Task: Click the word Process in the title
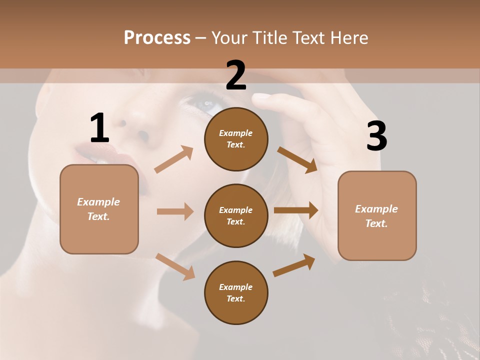click(x=157, y=37)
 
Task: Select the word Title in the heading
click(x=268, y=37)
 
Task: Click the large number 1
click(x=99, y=128)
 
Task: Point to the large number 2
click(x=236, y=75)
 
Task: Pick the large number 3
click(x=376, y=136)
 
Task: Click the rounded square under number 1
click(x=99, y=209)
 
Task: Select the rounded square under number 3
click(x=377, y=216)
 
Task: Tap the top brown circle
click(x=236, y=139)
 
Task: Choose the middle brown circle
click(x=236, y=216)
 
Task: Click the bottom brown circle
click(x=236, y=293)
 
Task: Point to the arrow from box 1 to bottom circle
click(x=175, y=266)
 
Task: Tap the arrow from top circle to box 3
click(x=297, y=159)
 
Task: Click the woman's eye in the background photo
click(x=206, y=104)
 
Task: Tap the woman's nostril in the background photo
click(x=143, y=135)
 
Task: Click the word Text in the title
click(x=308, y=37)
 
